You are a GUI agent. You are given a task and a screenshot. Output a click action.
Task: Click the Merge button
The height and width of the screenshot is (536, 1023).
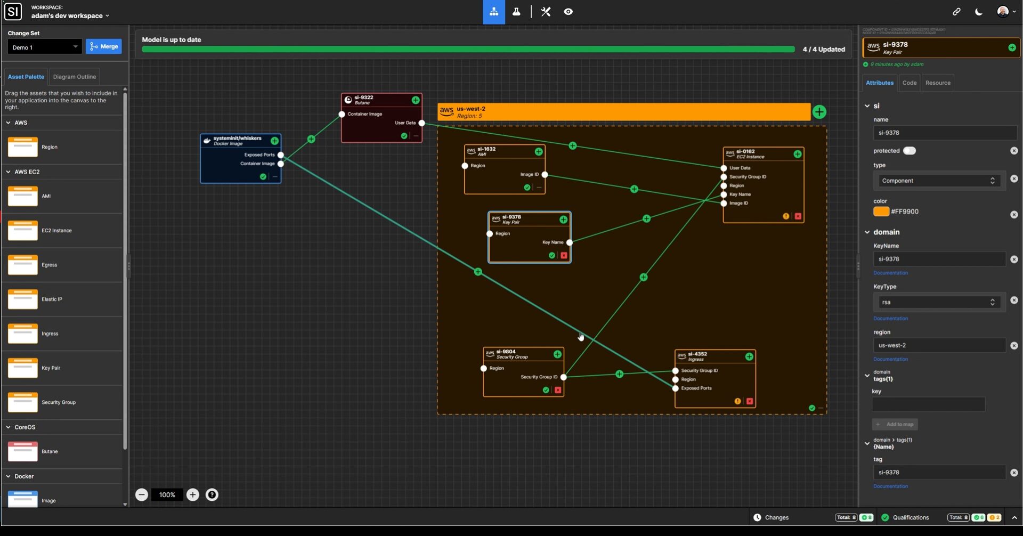tap(104, 47)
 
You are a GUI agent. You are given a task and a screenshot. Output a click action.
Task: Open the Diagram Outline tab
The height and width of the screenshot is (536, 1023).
tap(75, 77)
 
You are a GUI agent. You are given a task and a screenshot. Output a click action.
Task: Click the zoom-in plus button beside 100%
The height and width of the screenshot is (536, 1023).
tap(193, 495)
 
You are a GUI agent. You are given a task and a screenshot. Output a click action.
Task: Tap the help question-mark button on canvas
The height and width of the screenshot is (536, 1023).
tap(212, 495)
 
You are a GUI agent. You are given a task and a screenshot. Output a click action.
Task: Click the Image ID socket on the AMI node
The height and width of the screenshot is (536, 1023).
tap(545, 175)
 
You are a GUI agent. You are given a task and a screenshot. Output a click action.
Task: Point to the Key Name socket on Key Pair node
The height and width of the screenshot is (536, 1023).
tap(570, 242)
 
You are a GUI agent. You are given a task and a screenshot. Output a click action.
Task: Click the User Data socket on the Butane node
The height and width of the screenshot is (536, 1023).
tap(421, 123)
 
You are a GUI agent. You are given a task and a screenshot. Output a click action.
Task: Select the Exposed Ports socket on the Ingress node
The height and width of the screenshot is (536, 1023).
tap(676, 388)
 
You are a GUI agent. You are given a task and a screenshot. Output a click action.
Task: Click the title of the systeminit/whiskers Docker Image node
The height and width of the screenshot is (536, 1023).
tap(237, 139)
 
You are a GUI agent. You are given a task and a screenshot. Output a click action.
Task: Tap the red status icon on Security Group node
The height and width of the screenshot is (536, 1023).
tap(558, 391)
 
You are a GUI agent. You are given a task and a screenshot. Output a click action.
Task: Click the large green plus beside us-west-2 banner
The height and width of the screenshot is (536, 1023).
tap(819, 112)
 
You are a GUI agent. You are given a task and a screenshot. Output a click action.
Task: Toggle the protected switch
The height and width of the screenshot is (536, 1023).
tap(910, 151)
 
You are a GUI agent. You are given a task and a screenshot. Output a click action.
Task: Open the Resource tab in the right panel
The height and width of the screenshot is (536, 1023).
tap(938, 83)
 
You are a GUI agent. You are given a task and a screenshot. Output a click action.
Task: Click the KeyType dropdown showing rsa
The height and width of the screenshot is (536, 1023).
tap(939, 303)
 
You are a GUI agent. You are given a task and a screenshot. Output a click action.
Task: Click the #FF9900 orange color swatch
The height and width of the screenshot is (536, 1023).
tap(881, 212)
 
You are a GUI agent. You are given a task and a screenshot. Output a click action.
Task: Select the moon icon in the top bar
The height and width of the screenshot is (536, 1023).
tap(979, 12)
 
